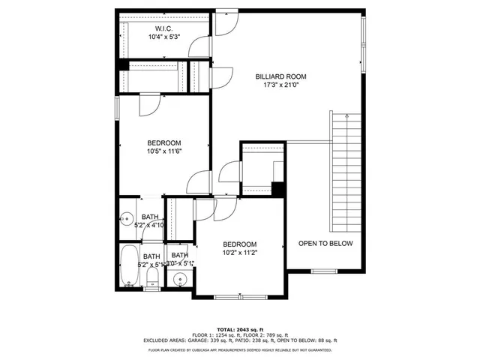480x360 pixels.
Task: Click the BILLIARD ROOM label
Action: pyautogui.click(x=280, y=76)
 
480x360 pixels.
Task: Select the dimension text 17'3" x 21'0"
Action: pyautogui.click(x=280, y=85)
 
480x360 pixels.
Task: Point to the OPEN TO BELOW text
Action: pyautogui.click(x=325, y=244)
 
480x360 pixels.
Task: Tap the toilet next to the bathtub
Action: pyautogui.click(x=152, y=280)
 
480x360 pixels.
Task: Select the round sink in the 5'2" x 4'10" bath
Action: pyautogui.click(x=125, y=220)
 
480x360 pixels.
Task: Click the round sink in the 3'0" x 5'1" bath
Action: pyautogui.click(x=179, y=280)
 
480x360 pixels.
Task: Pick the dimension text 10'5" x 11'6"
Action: pyautogui.click(x=164, y=151)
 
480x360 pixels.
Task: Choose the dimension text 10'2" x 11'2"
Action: pyautogui.click(x=239, y=253)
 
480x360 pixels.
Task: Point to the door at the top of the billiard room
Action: pyautogui.click(x=224, y=22)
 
